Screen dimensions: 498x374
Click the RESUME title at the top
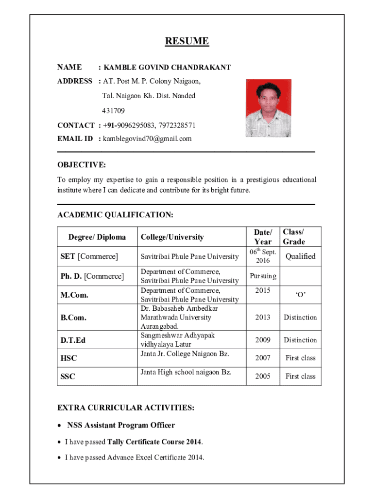tap(187, 41)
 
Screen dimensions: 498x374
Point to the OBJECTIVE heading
tap(81, 165)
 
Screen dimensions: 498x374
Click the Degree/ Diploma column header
tap(97, 237)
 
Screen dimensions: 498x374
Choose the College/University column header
tap(172, 237)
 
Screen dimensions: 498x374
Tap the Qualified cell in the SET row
tap(300, 256)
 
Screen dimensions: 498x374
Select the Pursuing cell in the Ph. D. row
tap(263, 276)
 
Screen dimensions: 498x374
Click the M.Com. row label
tap(74, 295)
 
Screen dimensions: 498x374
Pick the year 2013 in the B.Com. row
tap(263, 318)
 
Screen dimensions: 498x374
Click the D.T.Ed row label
tap(73, 340)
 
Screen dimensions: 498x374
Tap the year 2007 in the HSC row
tap(263, 358)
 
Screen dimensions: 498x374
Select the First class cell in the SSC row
tap(300, 376)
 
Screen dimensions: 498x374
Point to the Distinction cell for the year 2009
tap(300, 340)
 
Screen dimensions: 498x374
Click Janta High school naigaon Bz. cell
tap(186, 373)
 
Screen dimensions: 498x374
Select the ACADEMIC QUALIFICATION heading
tap(115, 214)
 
